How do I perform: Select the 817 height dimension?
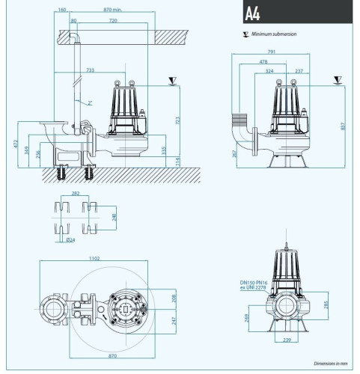click(x=343, y=124)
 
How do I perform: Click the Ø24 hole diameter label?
click(x=70, y=239)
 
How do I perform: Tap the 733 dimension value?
click(x=91, y=70)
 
